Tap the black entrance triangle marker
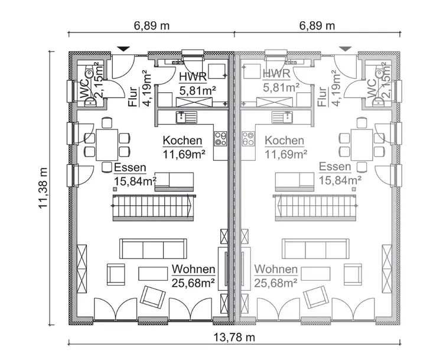123,48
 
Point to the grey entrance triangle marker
345,48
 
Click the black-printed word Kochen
183,141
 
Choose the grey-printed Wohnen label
276,270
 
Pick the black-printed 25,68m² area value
193,282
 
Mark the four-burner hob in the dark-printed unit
221,139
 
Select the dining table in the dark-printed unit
107,142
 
